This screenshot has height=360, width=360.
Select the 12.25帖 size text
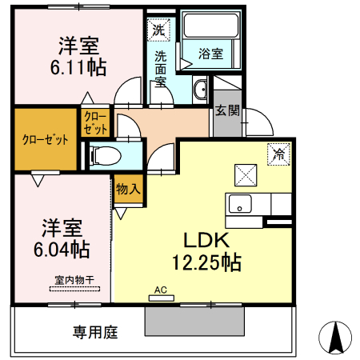(x=206, y=261)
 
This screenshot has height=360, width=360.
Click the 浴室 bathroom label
(x=211, y=54)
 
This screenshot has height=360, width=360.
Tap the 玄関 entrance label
(x=226, y=111)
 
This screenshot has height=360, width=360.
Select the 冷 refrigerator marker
(x=279, y=154)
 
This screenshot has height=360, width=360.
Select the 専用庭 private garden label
(x=96, y=331)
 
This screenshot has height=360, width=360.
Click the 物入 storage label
(x=127, y=190)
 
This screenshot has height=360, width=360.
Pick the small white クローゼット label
(x=94, y=122)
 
